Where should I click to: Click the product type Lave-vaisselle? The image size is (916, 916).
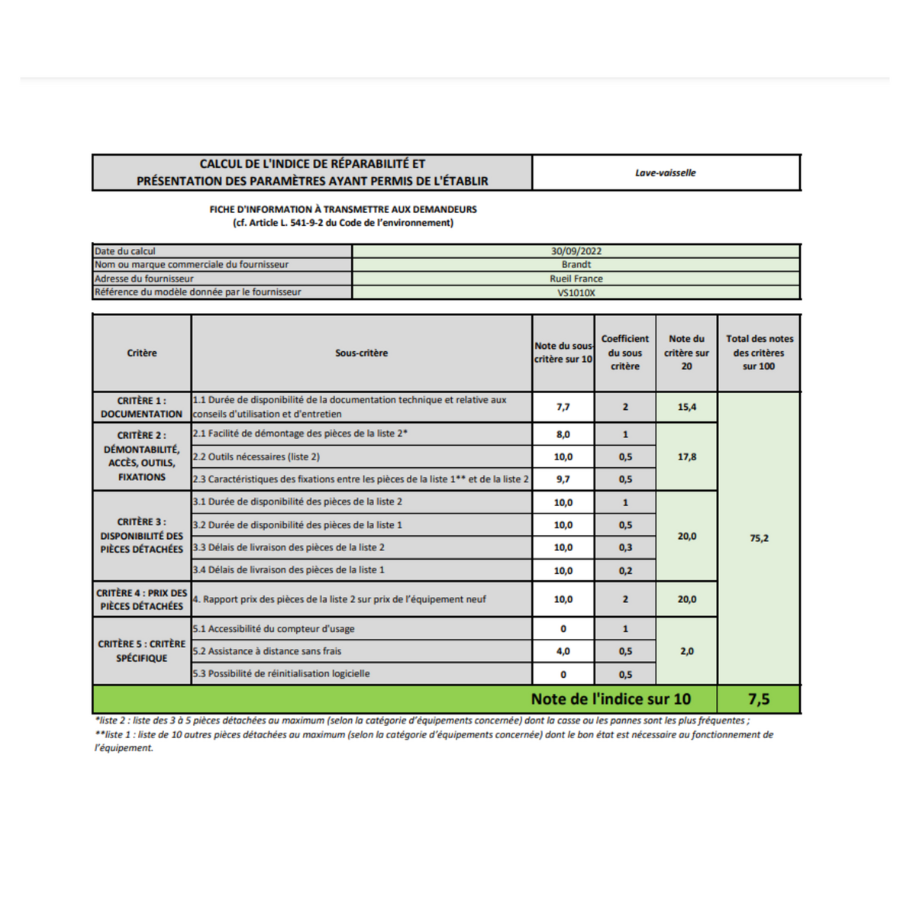(x=665, y=173)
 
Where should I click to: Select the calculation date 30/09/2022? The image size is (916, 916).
(x=576, y=251)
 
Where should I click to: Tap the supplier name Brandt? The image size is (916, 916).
(x=576, y=264)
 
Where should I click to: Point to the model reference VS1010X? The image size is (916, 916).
(x=576, y=292)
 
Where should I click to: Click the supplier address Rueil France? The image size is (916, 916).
(x=576, y=279)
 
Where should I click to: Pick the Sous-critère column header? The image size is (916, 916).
(x=361, y=353)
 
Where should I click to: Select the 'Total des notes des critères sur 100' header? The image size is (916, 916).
(x=759, y=353)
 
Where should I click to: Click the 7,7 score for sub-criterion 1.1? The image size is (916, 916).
(x=563, y=407)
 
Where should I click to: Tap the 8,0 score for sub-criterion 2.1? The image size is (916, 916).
(x=563, y=434)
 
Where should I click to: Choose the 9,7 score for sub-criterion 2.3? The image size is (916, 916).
(x=563, y=479)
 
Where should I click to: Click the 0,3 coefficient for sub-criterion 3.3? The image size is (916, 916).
(x=625, y=547)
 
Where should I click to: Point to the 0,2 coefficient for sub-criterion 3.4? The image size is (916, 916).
(x=625, y=570)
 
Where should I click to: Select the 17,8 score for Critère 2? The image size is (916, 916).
(x=686, y=456)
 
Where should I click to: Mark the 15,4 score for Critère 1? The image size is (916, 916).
(x=686, y=407)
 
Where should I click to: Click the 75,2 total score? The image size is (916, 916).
(x=759, y=538)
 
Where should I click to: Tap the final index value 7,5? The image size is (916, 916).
(x=759, y=699)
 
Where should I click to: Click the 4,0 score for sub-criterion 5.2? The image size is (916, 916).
(x=563, y=651)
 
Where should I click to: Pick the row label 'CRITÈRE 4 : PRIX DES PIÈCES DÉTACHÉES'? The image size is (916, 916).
(x=142, y=599)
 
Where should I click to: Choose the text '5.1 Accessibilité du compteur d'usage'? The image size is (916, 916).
(x=273, y=629)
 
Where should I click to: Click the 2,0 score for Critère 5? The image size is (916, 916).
(x=686, y=651)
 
